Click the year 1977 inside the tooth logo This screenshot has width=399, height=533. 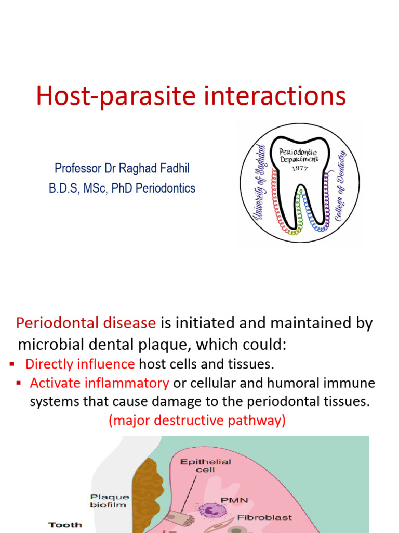point(300,168)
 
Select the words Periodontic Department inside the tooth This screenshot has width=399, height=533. point(300,155)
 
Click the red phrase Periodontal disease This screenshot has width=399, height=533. point(86,323)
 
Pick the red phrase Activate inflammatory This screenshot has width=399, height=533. point(99,383)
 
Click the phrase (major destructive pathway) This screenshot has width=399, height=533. point(197,421)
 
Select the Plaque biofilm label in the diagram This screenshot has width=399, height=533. point(109,500)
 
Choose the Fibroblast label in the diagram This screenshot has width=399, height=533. point(264,517)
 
